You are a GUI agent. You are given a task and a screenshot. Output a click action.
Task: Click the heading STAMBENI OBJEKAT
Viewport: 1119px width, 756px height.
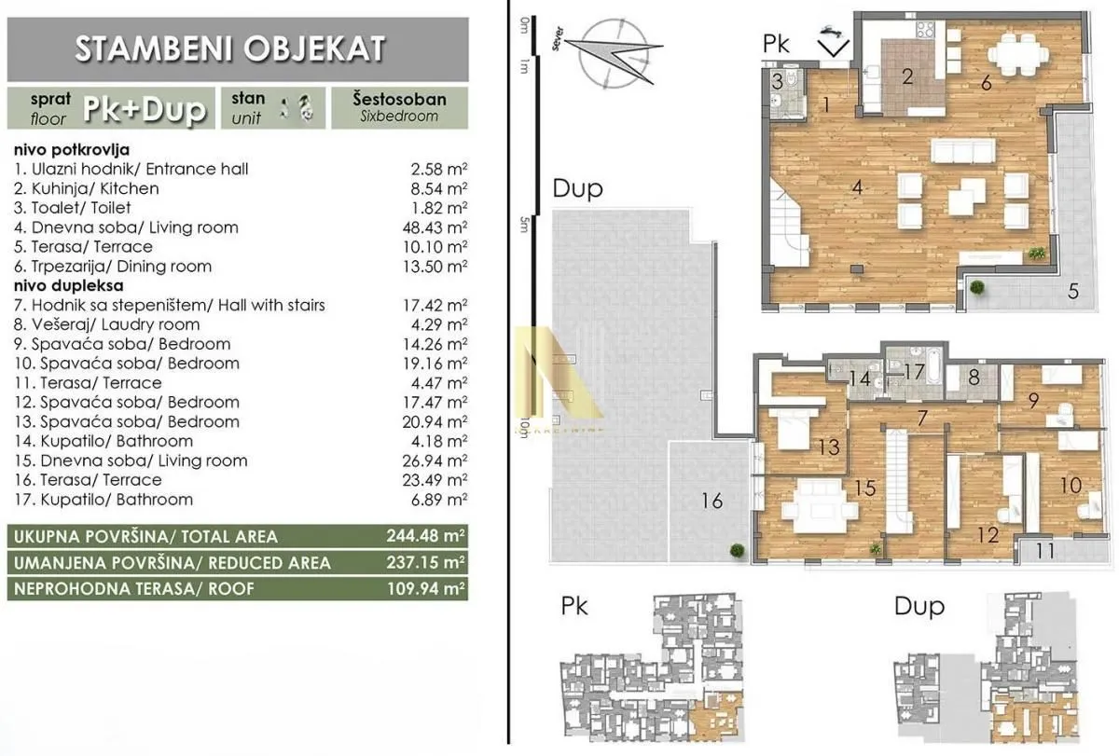[228, 48]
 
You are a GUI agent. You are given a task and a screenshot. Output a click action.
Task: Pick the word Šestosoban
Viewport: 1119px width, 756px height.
[400, 99]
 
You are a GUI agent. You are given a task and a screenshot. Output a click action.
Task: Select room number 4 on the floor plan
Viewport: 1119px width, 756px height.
[856, 187]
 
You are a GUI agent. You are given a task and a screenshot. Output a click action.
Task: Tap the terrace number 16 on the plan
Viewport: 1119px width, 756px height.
[711, 502]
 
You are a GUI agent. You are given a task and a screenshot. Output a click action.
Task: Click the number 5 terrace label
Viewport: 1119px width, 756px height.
[1073, 290]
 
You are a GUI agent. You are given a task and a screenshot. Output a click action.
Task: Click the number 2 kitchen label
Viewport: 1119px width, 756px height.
[908, 76]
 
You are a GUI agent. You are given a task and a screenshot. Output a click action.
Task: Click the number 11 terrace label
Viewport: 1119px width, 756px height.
[1045, 551]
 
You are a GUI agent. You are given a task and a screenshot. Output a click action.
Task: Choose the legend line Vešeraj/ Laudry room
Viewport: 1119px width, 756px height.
[118, 324]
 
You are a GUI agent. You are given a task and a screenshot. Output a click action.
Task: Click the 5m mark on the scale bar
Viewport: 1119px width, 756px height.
[524, 221]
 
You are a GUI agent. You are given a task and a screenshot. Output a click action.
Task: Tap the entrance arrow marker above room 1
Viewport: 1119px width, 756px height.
[833, 41]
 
